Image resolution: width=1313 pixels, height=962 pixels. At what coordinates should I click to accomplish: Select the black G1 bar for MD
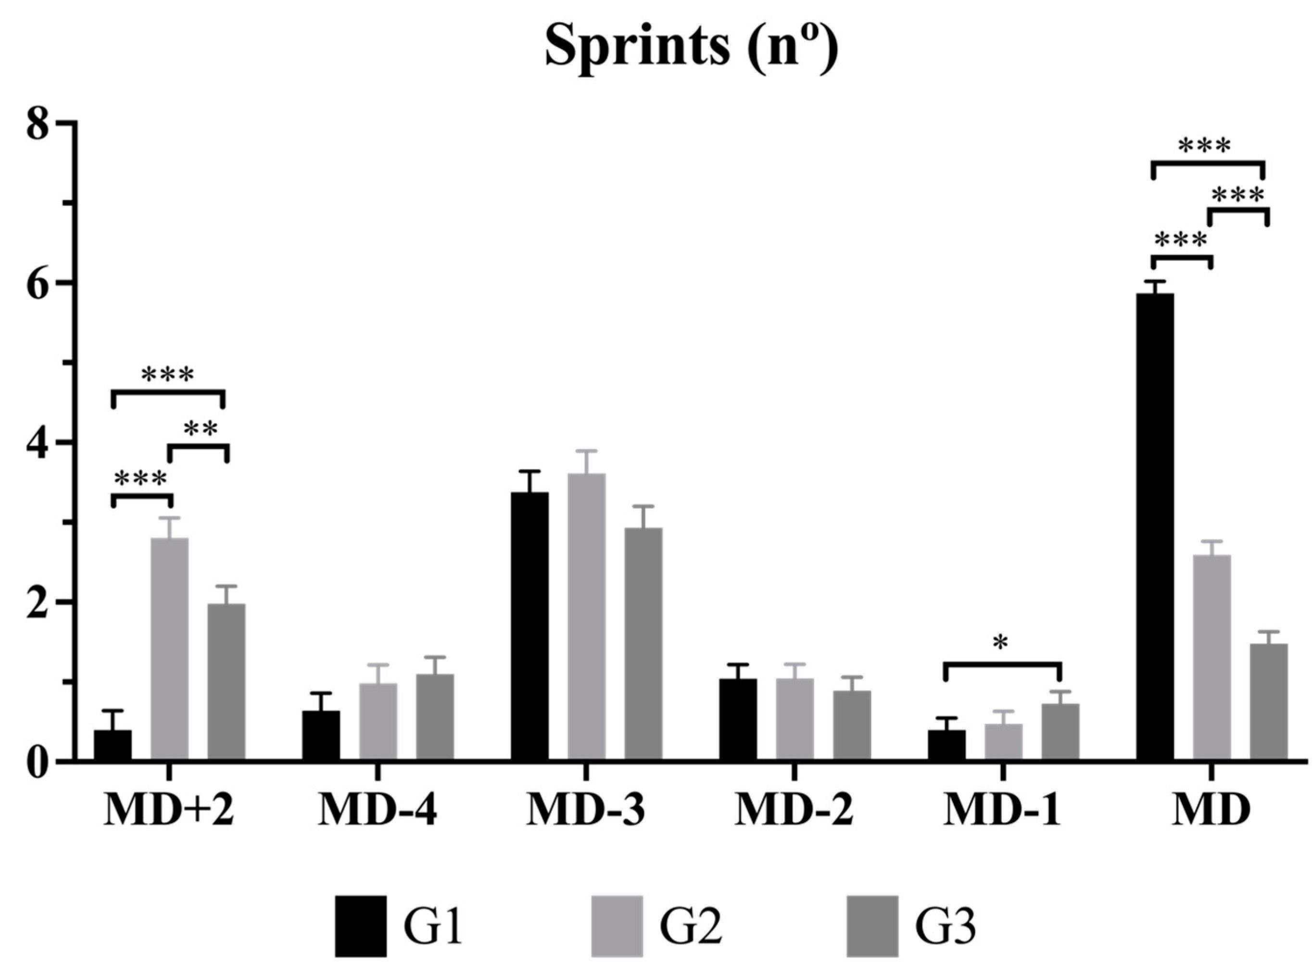[1155, 527]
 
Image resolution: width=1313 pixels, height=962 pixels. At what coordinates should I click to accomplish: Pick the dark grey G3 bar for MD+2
[227, 681]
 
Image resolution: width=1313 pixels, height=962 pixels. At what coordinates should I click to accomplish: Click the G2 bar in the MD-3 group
[587, 617]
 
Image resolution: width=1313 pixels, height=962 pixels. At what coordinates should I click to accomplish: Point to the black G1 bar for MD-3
[530, 626]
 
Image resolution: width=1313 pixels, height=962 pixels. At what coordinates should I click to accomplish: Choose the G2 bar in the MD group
[1212, 658]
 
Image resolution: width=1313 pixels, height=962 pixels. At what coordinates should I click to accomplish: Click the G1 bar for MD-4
[321, 735]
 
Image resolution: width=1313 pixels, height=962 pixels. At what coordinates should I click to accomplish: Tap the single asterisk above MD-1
[1001, 643]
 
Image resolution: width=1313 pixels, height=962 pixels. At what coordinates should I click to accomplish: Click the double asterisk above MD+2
[201, 430]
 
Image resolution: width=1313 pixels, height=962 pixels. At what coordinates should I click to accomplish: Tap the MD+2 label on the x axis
[169, 811]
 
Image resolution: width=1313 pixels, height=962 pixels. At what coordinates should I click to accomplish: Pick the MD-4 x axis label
[378, 811]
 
